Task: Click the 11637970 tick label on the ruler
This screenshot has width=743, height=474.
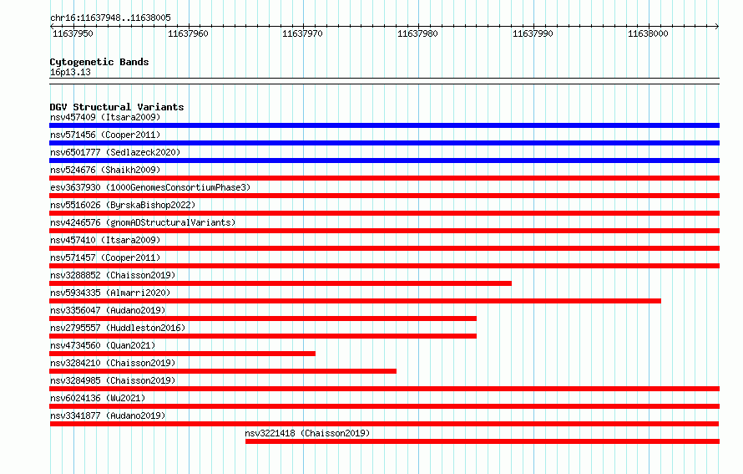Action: click(x=302, y=33)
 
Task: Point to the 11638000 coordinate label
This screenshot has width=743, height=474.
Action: click(x=648, y=33)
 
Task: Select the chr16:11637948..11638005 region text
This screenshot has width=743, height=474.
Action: click(x=110, y=18)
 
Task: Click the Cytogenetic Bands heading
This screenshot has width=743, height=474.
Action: click(x=99, y=62)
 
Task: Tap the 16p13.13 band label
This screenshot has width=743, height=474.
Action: click(x=70, y=72)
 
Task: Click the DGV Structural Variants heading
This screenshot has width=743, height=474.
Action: click(x=117, y=107)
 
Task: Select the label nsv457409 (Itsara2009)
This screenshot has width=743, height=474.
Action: click(x=105, y=117)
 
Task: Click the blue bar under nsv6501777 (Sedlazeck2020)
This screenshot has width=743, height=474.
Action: click(x=384, y=161)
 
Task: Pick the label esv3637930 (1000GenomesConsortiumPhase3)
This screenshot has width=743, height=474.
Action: click(x=150, y=187)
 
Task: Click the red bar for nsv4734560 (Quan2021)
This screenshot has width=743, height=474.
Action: click(x=183, y=354)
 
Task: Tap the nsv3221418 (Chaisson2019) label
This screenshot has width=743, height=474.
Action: click(x=307, y=433)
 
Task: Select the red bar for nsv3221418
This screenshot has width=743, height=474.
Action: click(x=483, y=441)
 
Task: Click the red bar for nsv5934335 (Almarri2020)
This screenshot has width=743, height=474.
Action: click(x=355, y=301)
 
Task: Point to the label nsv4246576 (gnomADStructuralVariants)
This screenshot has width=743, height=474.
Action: click(x=143, y=222)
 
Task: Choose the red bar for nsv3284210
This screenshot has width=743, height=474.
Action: click(x=223, y=371)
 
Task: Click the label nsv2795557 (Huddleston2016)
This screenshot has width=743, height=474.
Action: click(x=118, y=328)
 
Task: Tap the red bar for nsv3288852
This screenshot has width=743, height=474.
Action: click(x=281, y=283)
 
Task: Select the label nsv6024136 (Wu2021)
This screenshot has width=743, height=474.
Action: click(x=98, y=398)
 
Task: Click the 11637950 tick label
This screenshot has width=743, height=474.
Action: click(x=73, y=33)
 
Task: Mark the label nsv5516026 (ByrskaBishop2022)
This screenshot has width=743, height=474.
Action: click(x=123, y=205)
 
